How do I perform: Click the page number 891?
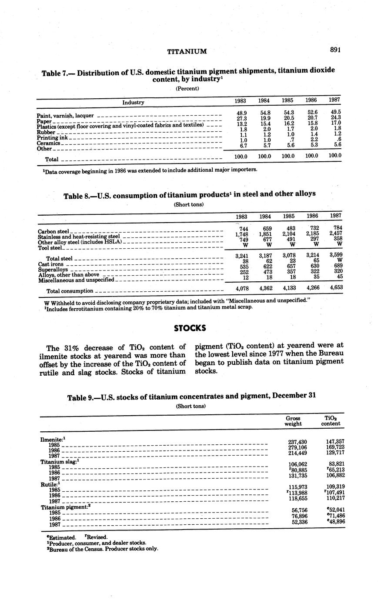(x=335, y=50)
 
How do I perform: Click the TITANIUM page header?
(x=187, y=51)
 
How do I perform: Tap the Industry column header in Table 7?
(x=133, y=103)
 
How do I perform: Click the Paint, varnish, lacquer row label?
(x=65, y=116)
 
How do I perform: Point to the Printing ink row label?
(x=52, y=138)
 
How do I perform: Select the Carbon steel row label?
(x=54, y=231)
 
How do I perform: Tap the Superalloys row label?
(x=53, y=270)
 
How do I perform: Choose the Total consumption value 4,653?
(x=335, y=288)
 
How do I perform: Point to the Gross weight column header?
(x=293, y=420)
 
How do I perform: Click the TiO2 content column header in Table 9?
(x=331, y=420)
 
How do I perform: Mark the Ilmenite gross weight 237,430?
(x=295, y=442)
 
